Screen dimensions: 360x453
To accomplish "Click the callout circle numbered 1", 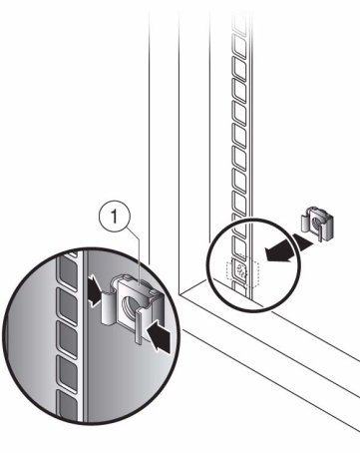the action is point(115,218).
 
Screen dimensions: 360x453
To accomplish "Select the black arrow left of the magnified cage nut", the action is point(94,289).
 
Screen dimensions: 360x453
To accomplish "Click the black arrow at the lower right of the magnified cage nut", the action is point(160,337).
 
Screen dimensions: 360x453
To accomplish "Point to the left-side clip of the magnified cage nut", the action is point(107,307).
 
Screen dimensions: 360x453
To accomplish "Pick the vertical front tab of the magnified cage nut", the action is point(139,326).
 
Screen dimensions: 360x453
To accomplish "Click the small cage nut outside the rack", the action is point(317,223).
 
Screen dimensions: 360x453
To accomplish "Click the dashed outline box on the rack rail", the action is point(242,274).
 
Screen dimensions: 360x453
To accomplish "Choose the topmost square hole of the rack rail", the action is point(240,23).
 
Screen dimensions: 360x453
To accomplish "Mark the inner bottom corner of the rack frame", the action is point(179,294).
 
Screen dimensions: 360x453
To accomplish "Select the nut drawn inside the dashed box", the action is point(241,269).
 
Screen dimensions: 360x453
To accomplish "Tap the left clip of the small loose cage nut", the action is point(305,224).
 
